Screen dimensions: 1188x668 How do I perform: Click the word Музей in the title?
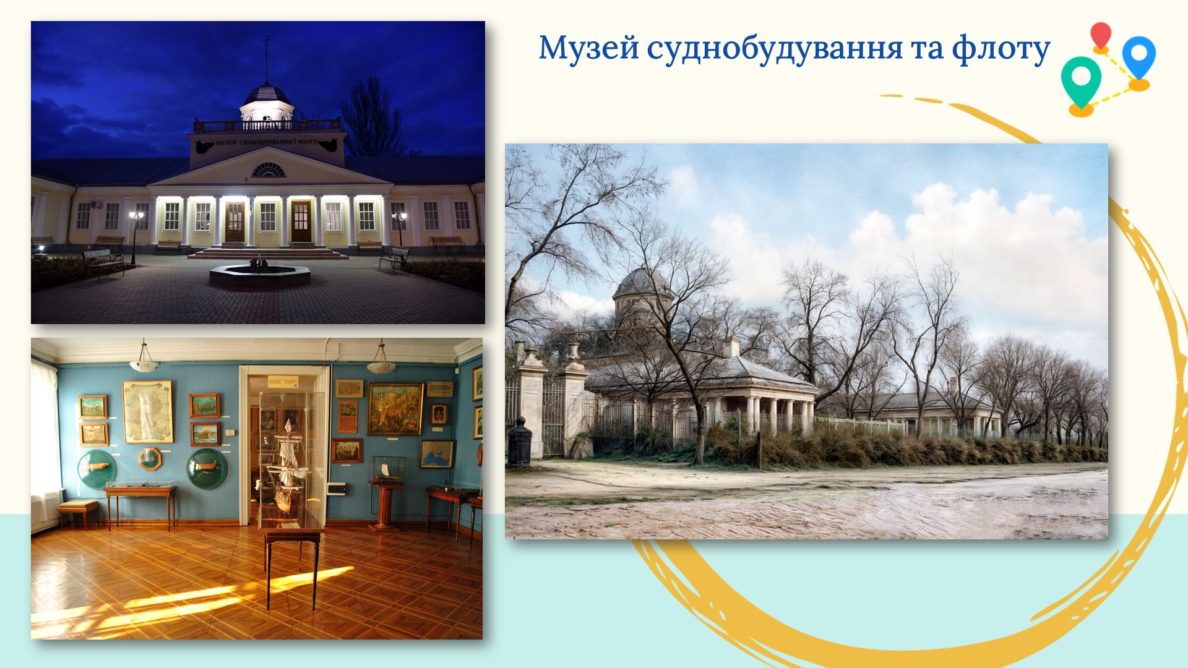click(588, 48)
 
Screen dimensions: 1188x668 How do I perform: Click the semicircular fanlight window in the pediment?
click(269, 169)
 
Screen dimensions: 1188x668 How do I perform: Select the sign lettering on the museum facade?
click(267, 142)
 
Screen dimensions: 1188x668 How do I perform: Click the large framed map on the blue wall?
click(147, 411)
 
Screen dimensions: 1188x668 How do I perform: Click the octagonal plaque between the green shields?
click(150, 458)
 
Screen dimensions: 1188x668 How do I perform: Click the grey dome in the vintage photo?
click(642, 283)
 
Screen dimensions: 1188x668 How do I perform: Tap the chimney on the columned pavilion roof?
click(731, 346)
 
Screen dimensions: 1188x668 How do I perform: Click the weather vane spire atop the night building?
click(267, 59)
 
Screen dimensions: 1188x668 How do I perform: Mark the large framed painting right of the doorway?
click(395, 409)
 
